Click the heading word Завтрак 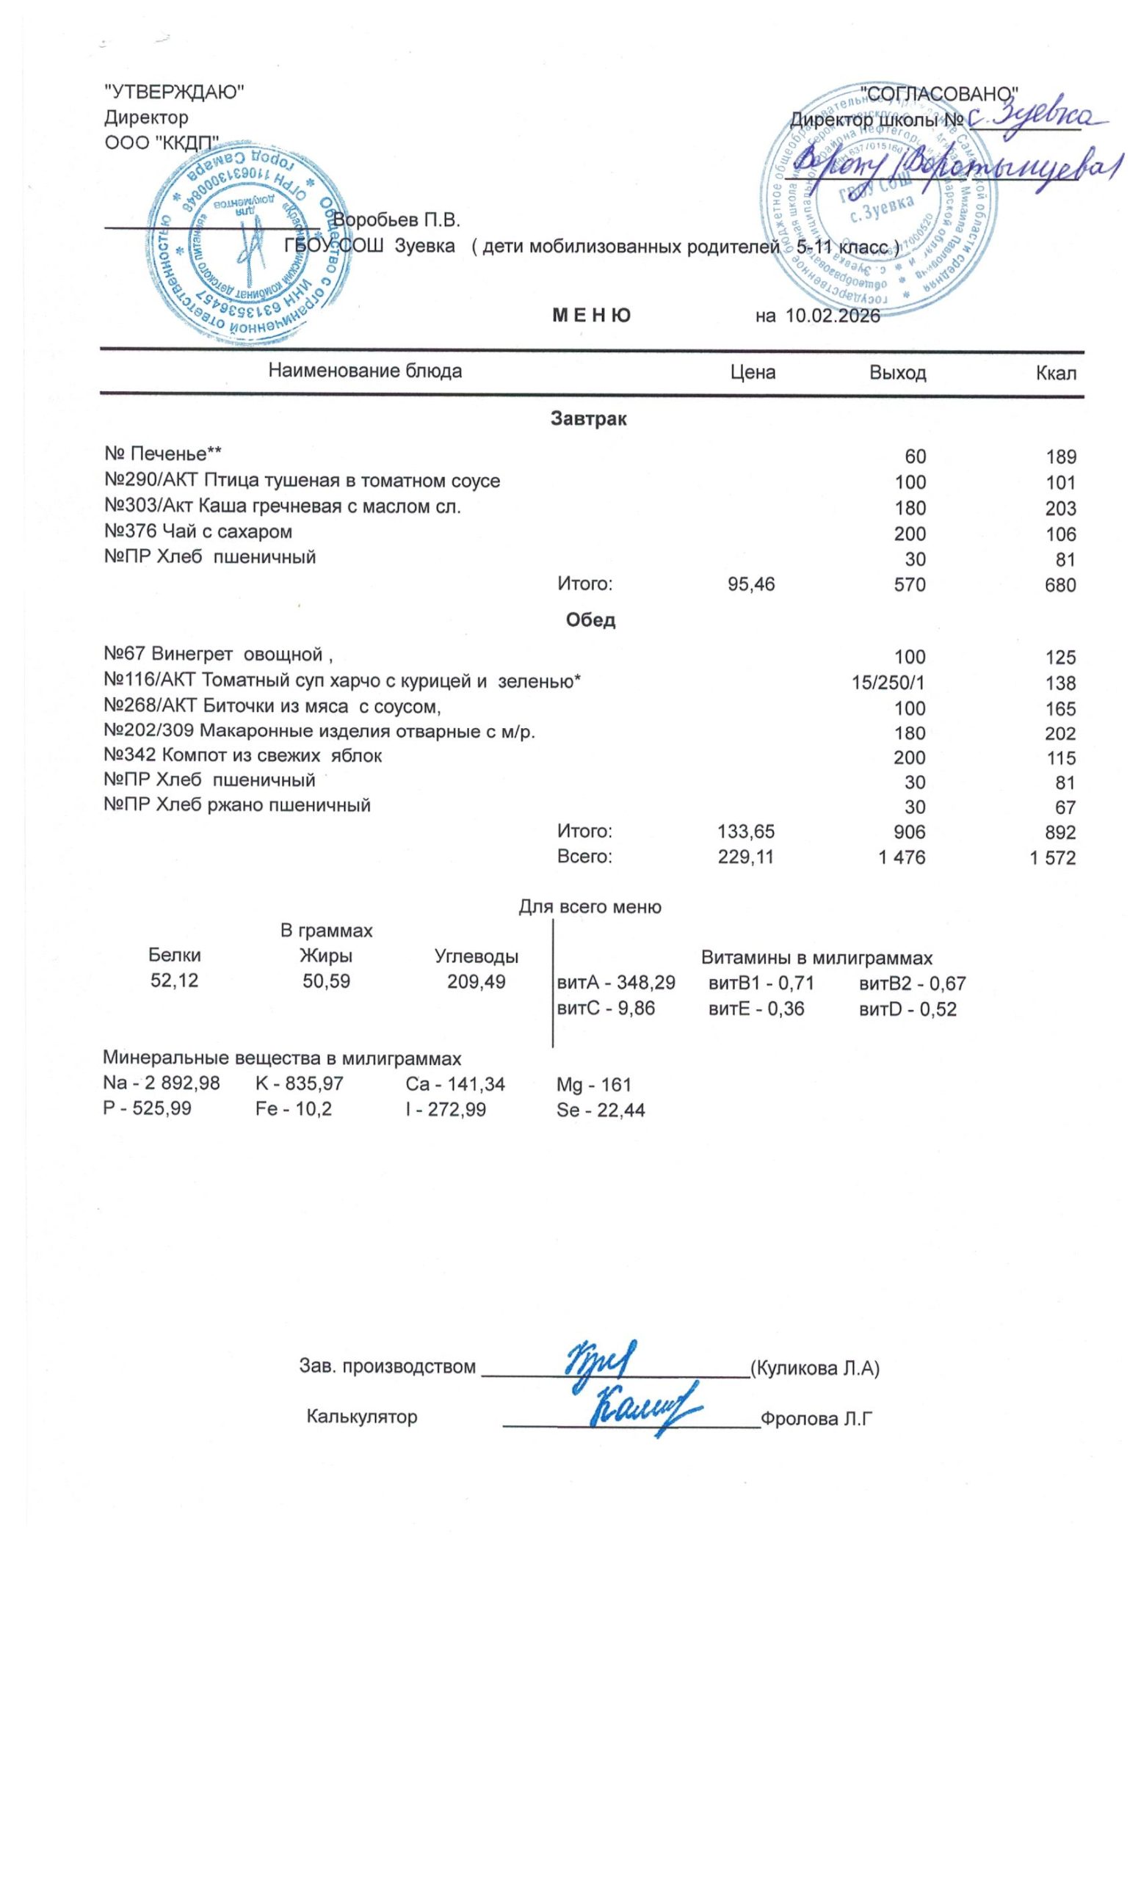tap(588, 418)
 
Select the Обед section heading tap(590, 620)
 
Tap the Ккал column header tap(1056, 373)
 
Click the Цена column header tap(753, 372)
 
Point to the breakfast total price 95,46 tap(751, 585)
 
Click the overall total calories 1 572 tap(1053, 858)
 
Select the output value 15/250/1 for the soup tap(888, 683)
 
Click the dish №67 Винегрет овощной tap(219, 654)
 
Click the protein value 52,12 tap(175, 981)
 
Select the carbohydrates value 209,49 tap(476, 981)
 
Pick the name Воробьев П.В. tap(396, 221)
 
